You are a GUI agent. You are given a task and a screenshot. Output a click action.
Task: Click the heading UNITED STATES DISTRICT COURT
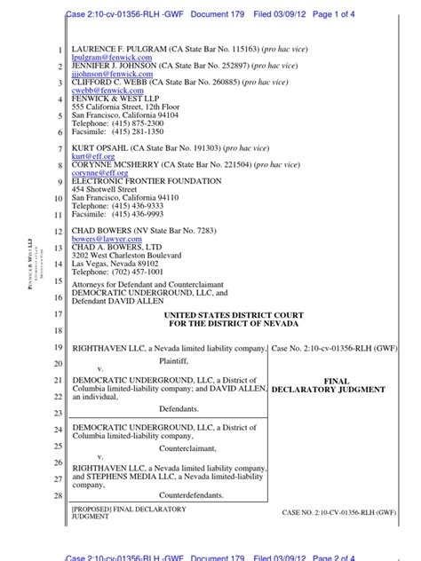tap(234, 316)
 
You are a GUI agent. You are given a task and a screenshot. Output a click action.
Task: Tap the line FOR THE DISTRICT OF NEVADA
tap(234, 325)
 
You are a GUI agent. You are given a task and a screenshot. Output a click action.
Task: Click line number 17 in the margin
tap(59, 315)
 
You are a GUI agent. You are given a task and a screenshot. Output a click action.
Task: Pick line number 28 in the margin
tap(59, 495)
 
